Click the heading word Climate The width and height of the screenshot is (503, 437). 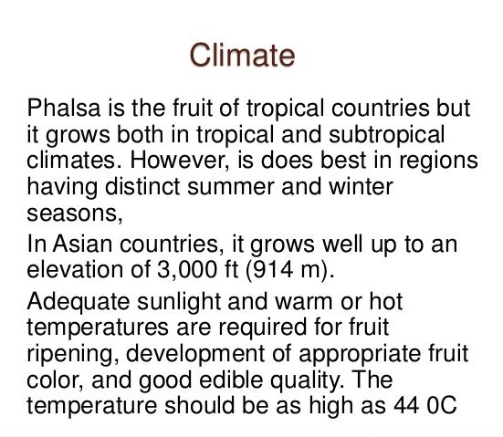coord(242,55)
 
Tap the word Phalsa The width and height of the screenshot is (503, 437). coord(64,108)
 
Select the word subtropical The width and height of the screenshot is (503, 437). coord(386,135)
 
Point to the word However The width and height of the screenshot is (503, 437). coord(180,160)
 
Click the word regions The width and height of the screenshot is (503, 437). coord(438,161)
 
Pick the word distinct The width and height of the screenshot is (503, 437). coord(142,186)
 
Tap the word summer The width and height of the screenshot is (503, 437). coord(231,187)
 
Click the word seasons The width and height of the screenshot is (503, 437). coord(75,213)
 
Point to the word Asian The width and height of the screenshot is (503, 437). coord(82,244)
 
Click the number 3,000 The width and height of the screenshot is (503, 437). coord(187,270)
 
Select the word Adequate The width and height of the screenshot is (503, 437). coord(79,303)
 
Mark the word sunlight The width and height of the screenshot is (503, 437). coord(179,303)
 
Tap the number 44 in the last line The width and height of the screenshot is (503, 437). coord(406,406)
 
